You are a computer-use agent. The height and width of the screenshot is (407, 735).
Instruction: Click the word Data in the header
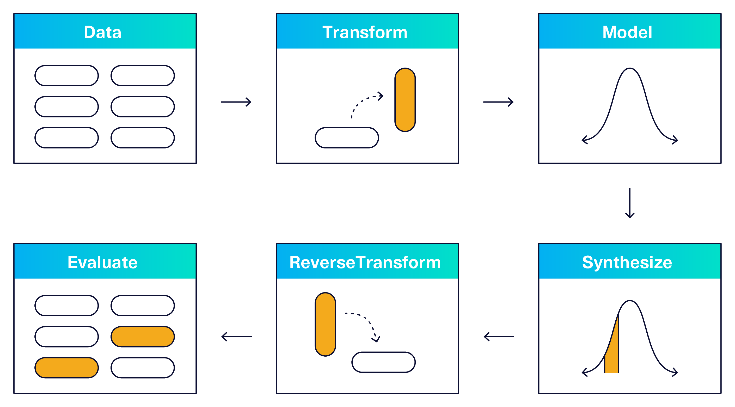point(102,32)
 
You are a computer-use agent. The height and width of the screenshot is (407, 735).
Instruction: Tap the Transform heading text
point(365,32)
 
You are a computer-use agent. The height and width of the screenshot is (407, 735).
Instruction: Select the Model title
point(627,32)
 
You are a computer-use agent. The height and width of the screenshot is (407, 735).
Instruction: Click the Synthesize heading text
point(627,262)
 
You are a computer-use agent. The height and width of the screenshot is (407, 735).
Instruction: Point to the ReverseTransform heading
point(365,262)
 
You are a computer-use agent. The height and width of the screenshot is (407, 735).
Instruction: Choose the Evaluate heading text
point(102,262)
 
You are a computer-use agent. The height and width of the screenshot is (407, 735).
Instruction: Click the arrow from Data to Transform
point(236,102)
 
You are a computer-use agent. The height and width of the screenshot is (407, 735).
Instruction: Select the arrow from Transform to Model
point(498,102)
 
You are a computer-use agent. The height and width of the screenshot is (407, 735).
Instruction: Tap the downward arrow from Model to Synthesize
point(630,203)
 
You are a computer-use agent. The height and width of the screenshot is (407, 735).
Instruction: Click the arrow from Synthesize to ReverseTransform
point(499,337)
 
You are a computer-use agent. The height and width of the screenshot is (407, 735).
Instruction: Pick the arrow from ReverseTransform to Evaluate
point(237,337)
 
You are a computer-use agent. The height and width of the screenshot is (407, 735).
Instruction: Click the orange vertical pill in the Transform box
point(405,100)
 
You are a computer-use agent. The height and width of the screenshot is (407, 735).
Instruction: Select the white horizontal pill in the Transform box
point(347,138)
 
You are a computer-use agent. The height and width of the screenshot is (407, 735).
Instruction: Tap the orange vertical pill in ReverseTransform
point(325,324)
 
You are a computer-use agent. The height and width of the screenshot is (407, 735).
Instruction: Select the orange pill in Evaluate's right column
point(143,337)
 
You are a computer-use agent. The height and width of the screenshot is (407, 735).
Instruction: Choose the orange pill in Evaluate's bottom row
point(66,368)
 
